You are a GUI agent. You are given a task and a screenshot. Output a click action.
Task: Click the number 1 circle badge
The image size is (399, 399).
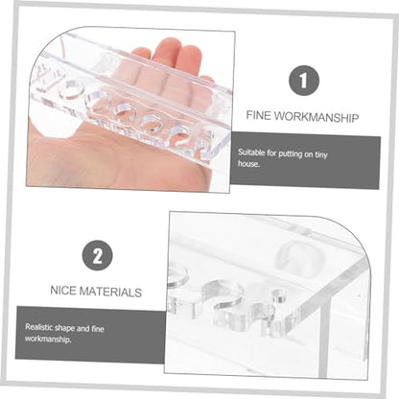point(304,81)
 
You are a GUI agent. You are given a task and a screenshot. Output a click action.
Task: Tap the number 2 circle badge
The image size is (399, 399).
point(97,255)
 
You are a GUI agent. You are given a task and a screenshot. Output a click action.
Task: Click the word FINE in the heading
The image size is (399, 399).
point(258,115)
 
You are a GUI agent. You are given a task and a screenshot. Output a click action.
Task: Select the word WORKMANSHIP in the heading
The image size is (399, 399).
point(317,117)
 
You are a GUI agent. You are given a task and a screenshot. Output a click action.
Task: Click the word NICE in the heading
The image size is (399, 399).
point(63,291)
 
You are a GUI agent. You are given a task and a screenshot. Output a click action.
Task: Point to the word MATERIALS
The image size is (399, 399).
point(110,292)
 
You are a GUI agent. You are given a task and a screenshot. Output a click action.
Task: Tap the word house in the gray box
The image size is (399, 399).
point(248,164)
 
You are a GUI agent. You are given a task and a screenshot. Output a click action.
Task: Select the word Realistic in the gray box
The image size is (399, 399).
point(38,327)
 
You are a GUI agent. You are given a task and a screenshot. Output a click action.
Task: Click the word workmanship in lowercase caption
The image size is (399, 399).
point(48,339)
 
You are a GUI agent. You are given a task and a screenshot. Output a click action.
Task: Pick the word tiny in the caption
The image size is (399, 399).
point(321,155)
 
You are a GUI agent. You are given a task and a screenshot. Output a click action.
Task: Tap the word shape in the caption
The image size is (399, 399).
point(64,328)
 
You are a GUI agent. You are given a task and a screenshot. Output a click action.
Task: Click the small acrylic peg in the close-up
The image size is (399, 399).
point(280,297)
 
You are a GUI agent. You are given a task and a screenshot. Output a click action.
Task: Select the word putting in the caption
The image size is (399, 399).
point(290,154)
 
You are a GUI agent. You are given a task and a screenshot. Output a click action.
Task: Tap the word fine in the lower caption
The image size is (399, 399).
point(98,329)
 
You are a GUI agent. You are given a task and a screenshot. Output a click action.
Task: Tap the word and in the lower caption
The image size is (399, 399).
point(83,328)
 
